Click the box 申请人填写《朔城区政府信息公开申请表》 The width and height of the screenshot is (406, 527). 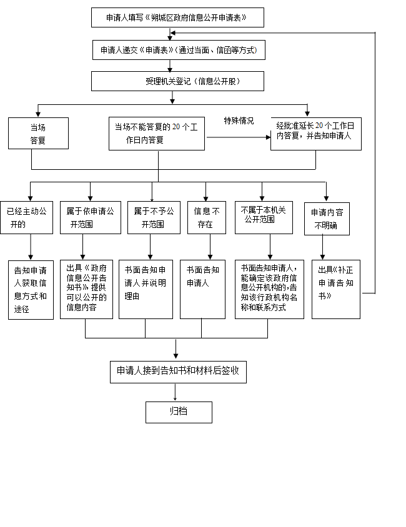[x=177, y=17]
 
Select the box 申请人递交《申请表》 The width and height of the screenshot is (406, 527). [x=179, y=50]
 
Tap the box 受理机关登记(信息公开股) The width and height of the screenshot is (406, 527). [x=177, y=81]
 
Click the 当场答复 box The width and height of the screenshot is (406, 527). [x=38, y=133]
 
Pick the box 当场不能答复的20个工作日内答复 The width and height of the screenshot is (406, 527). [x=157, y=134]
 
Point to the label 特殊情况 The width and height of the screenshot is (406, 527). [x=239, y=121]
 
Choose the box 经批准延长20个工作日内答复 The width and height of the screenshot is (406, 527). [x=316, y=134]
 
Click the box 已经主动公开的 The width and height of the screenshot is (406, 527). [x=27, y=217]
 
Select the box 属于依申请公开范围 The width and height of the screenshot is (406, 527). [x=91, y=217]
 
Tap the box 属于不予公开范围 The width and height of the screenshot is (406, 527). [x=154, y=217]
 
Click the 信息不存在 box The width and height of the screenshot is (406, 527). [x=207, y=217]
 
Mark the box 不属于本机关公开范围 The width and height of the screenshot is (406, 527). [x=264, y=217]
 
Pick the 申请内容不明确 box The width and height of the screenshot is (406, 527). [x=327, y=219]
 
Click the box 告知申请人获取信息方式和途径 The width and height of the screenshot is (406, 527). [x=31, y=290]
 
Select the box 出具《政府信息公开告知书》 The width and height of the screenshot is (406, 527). [x=86, y=289]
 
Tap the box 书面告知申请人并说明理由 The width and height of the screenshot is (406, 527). [x=146, y=289]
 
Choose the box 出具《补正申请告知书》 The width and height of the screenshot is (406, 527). [x=336, y=289]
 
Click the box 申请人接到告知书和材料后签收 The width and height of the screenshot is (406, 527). [x=178, y=372]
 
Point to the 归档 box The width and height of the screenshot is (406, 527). [x=179, y=412]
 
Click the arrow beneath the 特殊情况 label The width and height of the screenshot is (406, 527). [x=239, y=137]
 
